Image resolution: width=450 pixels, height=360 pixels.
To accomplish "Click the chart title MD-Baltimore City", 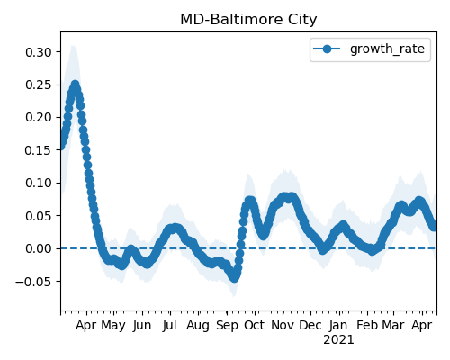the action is pos(248,20).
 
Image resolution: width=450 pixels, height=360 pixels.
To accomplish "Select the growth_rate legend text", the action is pos(387,49).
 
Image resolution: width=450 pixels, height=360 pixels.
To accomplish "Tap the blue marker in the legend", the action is pos(327,49).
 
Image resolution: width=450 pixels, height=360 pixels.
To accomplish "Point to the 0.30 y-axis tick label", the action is pos(39,52).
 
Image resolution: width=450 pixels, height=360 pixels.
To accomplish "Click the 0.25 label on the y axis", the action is pos(39,85).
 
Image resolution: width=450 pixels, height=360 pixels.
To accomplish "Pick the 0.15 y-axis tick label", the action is pos(39,150).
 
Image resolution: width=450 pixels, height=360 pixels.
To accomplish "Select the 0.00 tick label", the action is pos(39,248).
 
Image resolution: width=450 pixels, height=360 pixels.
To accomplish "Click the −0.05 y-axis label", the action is pos(34,282).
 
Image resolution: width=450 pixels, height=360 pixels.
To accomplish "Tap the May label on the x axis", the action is pos(113,326).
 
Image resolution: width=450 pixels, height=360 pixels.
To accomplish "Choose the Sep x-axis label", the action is pos(227,326).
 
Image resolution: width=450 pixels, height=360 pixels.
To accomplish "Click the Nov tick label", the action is pos(283,325).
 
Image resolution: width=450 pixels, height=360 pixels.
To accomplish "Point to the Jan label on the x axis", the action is pos(338,325).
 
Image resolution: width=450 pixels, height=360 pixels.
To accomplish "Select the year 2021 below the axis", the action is pos(338,340).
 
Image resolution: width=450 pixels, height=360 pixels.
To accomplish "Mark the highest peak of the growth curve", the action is pos(75,85).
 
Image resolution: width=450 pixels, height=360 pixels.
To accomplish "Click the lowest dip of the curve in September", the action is pos(234,278).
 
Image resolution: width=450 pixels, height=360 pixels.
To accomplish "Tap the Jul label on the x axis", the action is pos(169,325).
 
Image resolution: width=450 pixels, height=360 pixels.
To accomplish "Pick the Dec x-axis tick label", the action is pos(310,325).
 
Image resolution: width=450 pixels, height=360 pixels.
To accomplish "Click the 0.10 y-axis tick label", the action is pos(39,183).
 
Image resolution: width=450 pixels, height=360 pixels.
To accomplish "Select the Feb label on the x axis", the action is pos(367,325).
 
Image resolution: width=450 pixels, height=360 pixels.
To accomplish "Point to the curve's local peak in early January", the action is pos(343,226).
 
